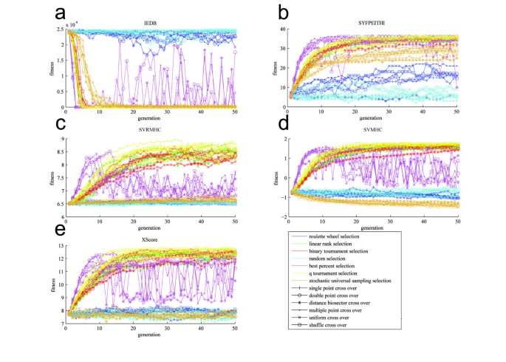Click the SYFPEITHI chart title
pos(374,23)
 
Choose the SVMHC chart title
pos(374,130)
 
